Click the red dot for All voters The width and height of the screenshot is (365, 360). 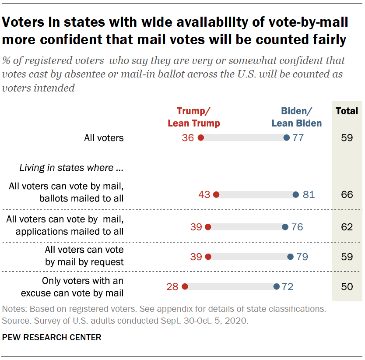[x=200, y=138]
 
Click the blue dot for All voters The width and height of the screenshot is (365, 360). [x=286, y=138]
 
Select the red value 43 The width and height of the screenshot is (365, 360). [x=204, y=194]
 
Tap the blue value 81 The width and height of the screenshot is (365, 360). [x=309, y=194]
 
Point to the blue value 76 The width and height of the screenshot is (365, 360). [x=297, y=227]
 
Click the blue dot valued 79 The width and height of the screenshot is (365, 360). [x=290, y=257]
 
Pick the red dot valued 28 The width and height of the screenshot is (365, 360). [x=184, y=287]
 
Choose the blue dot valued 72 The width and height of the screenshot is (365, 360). [x=277, y=287]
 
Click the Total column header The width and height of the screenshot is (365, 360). [x=347, y=111]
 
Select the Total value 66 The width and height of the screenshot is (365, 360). [x=347, y=194]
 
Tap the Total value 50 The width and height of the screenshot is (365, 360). [x=347, y=287]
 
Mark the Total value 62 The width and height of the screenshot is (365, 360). [x=347, y=227]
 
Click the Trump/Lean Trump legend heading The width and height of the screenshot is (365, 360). [x=194, y=117]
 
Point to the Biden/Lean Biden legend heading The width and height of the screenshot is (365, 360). [x=297, y=117]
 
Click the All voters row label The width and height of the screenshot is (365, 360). [x=104, y=138]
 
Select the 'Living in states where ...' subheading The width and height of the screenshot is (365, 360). [x=71, y=167]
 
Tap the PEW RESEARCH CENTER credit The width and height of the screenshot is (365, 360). [x=52, y=337]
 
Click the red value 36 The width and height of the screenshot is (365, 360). [x=188, y=138]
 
